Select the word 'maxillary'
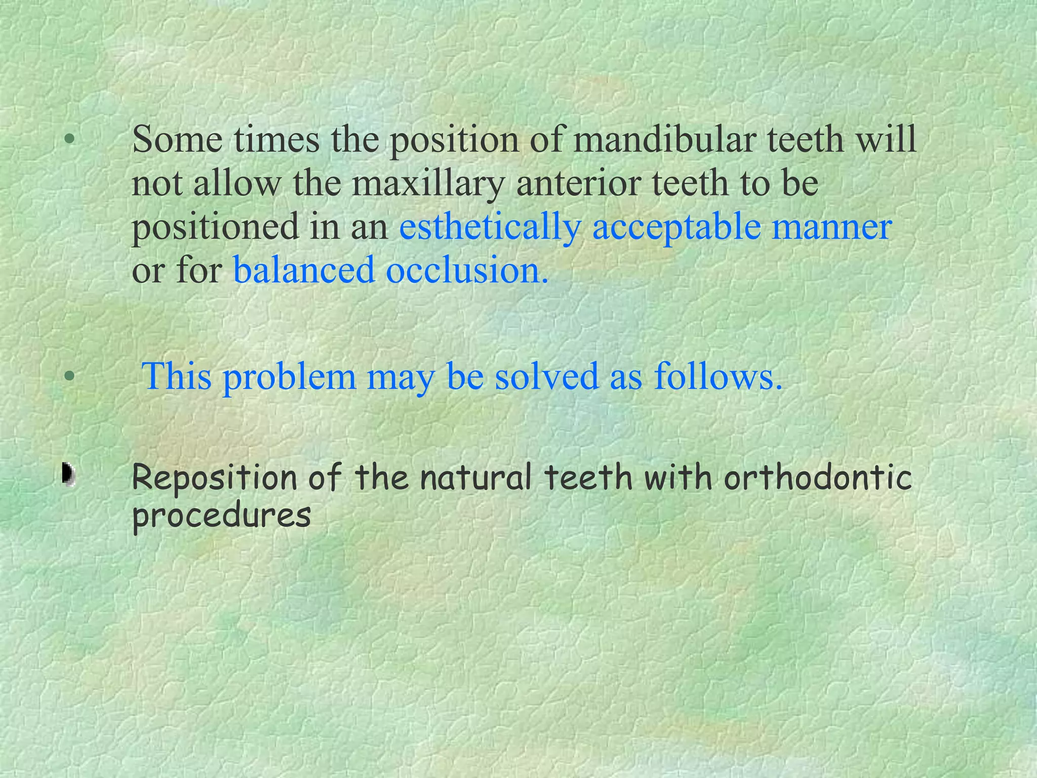point(428,183)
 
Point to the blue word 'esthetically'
point(490,227)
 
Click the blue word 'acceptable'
point(676,227)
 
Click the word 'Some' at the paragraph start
point(177,139)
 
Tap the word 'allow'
point(236,183)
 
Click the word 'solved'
point(547,376)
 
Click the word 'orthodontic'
point(818,478)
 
